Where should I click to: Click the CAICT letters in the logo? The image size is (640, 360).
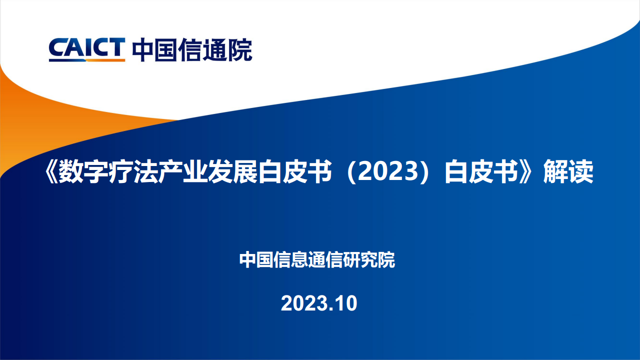(x=87, y=47)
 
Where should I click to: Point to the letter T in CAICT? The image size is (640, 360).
(x=117, y=47)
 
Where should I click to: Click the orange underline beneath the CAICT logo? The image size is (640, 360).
(x=105, y=60)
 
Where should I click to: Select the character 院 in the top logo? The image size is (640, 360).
(x=240, y=50)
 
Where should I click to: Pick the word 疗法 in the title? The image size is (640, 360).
(x=133, y=171)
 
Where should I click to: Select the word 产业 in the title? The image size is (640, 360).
(x=183, y=171)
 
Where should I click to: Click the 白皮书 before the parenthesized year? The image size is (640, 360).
(x=295, y=171)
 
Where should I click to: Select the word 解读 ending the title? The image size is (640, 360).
(x=568, y=171)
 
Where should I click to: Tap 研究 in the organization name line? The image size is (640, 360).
(x=360, y=259)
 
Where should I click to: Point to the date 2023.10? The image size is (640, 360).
(x=319, y=303)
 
